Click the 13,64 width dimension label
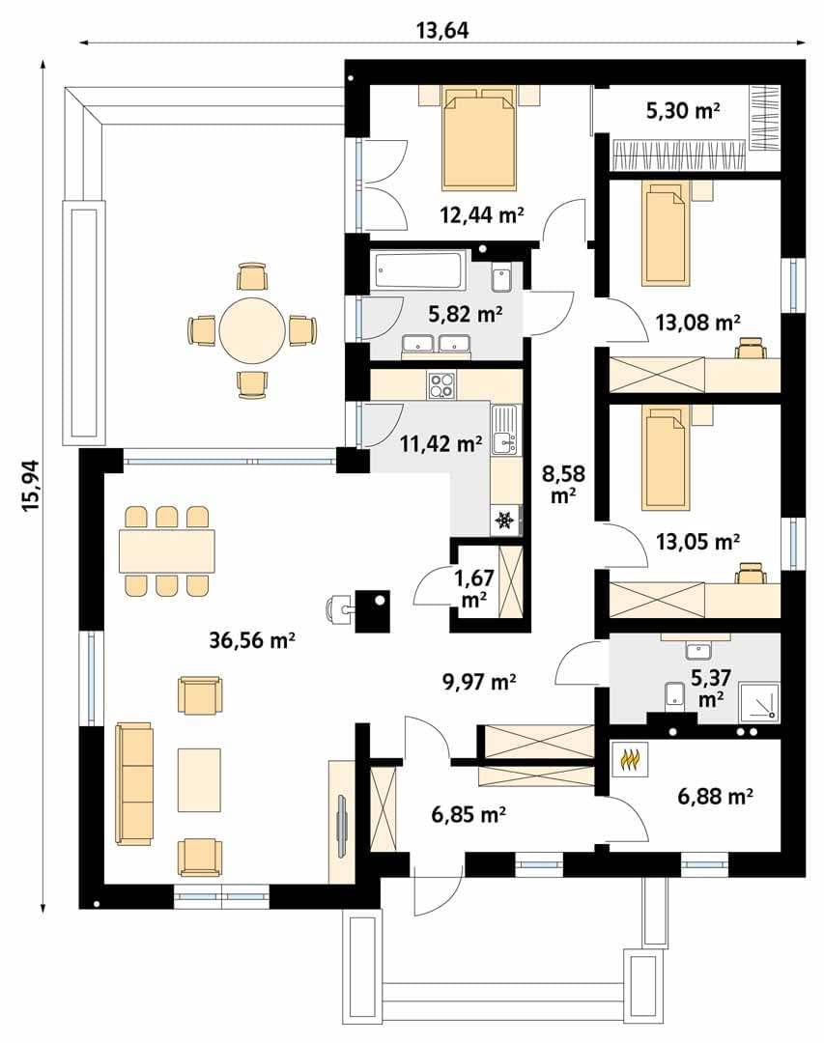coord(442,30)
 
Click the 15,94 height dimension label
coord(31,486)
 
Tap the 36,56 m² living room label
coord(252,640)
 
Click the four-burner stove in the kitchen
coord(441,384)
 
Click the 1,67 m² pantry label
coord(474,588)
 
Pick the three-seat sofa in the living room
coord(134,783)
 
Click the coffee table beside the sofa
coord(199,779)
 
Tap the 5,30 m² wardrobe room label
coord(683,110)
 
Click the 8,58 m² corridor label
coord(563,484)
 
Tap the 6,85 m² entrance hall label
coord(469,813)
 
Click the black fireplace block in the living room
coord(372,610)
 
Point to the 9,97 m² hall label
coord(479,681)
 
